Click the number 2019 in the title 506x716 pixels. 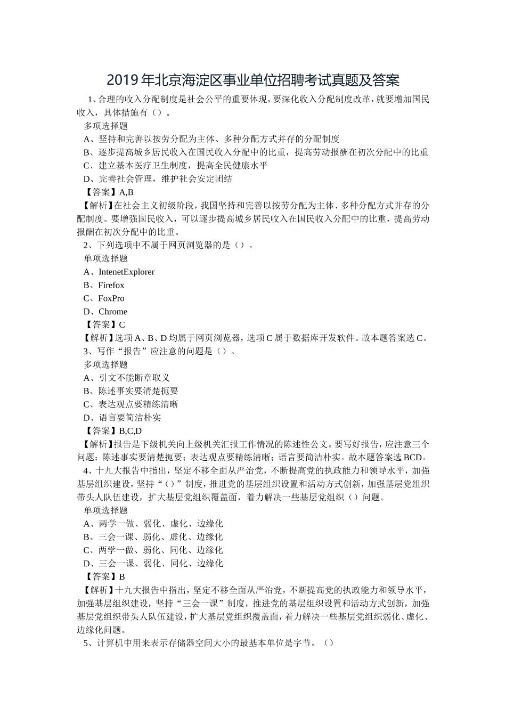coord(122,80)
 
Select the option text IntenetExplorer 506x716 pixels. coord(126,272)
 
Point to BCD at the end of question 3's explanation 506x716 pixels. coord(412,457)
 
